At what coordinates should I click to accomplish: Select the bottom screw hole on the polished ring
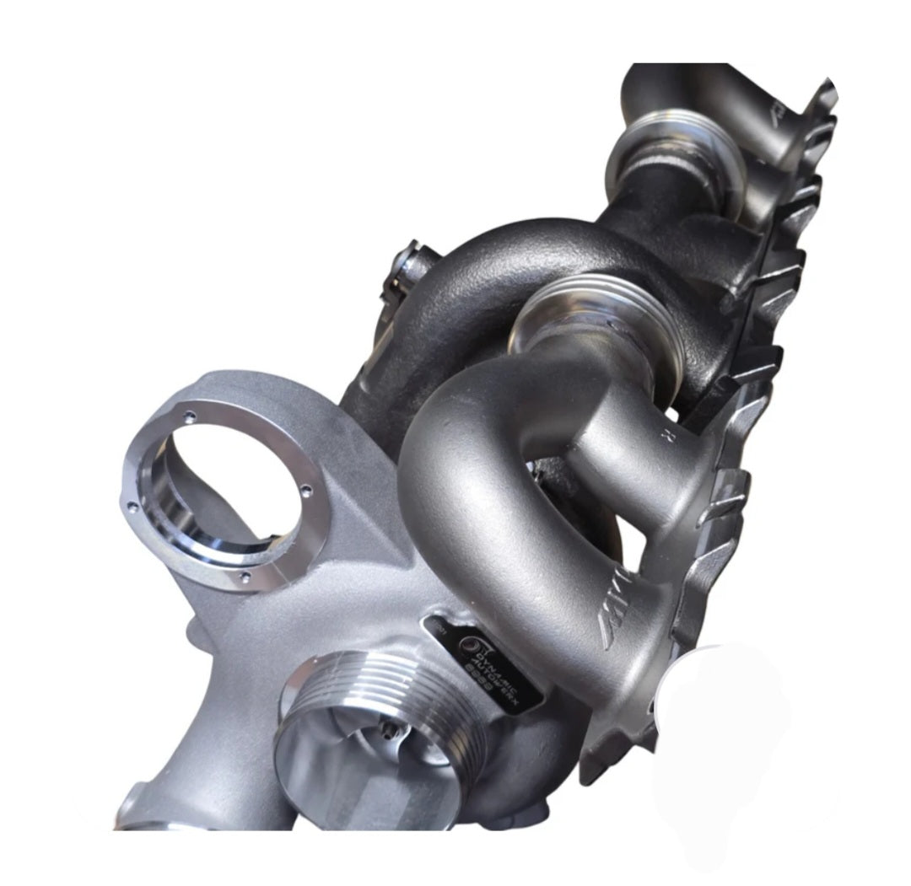(245, 577)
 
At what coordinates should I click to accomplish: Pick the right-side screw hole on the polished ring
(306, 489)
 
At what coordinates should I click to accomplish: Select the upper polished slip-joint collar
(666, 160)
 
